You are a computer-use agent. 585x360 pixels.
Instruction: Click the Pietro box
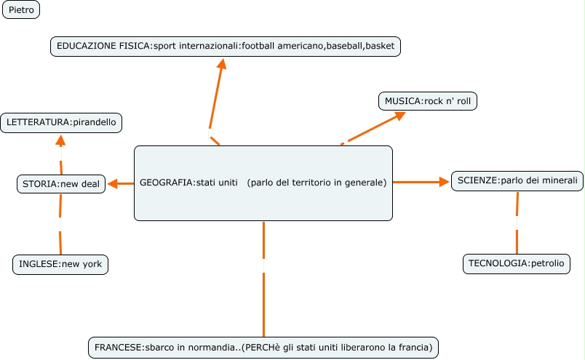click(x=21, y=10)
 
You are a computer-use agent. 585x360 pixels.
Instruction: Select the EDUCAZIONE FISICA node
click(x=226, y=46)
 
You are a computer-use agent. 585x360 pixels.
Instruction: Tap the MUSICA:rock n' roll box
click(x=428, y=101)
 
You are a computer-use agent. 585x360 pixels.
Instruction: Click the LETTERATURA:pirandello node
click(x=61, y=123)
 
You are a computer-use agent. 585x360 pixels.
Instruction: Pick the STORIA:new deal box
click(x=61, y=184)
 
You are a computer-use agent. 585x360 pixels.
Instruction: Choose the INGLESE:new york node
click(x=61, y=265)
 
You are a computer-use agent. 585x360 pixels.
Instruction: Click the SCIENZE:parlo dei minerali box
click(x=517, y=180)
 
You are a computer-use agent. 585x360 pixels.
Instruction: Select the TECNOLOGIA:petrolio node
click(x=516, y=263)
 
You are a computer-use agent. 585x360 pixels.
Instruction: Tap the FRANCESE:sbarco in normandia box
click(x=263, y=348)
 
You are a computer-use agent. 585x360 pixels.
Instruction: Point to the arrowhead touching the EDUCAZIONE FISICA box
click(x=223, y=64)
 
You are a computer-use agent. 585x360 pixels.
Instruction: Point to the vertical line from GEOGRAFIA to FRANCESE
click(x=263, y=291)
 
